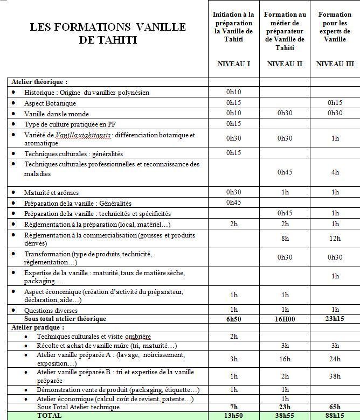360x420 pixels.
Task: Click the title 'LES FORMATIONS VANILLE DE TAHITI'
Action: (x=108, y=33)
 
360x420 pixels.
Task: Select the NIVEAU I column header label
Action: (x=233, y=64)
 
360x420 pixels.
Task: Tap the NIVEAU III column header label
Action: (x=335, y=64)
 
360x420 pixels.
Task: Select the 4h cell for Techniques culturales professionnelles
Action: (x=335, y=172)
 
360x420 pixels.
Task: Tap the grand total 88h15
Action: (x=335, y=416)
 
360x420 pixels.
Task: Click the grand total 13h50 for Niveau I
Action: (x=234, y=416)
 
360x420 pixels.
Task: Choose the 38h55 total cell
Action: (x=285, y=416)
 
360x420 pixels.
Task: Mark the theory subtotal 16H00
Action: (x=285, y=319)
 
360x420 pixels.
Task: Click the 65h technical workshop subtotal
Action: (x=335, y=408)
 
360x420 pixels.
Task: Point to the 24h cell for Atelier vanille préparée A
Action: (x=335, y=359)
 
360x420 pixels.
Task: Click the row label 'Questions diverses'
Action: (x=51, y=310)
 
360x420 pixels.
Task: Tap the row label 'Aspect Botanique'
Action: (x=50, y=103)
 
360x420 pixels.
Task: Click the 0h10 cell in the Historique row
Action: (x=234, y=92)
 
